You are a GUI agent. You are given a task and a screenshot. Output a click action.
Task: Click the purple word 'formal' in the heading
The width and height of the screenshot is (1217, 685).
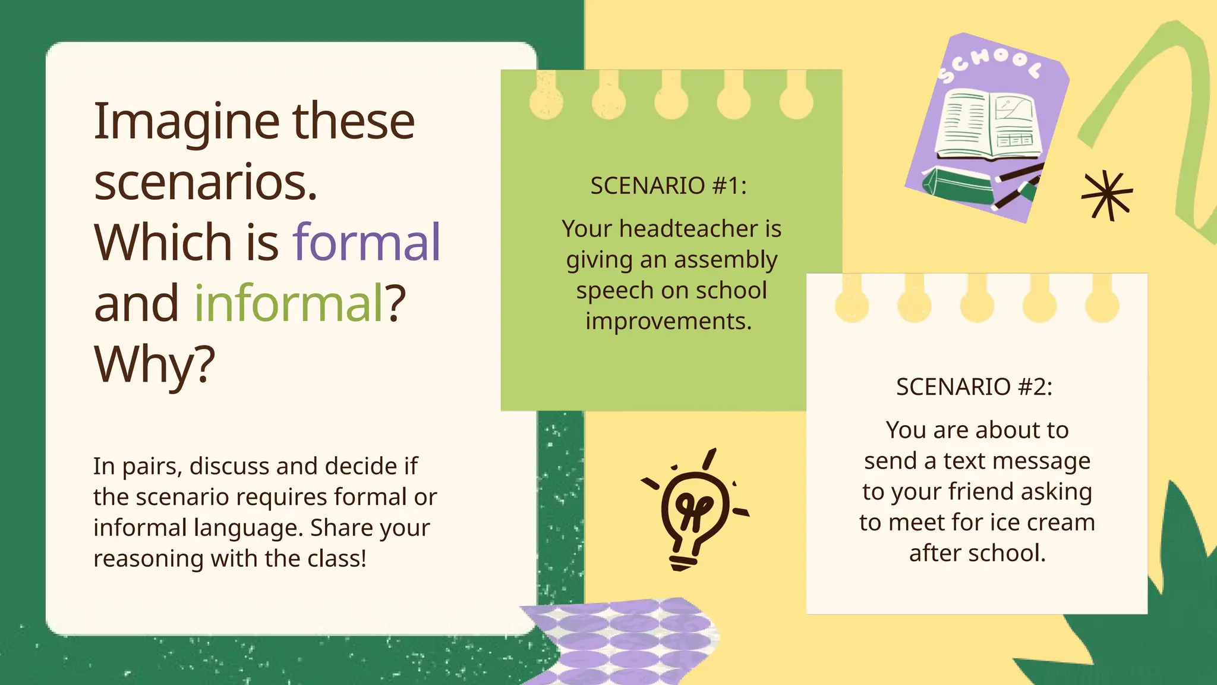pos(367,243)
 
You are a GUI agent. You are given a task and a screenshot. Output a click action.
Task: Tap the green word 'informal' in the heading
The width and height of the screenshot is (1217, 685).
pos(289,304)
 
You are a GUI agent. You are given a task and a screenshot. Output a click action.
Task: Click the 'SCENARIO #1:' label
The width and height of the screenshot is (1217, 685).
pos(669,186)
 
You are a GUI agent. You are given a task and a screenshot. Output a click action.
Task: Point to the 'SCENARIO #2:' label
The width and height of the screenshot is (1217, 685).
pos(974,387)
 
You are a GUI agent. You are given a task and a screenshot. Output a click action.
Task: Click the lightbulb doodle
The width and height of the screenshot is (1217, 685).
pos(695,510)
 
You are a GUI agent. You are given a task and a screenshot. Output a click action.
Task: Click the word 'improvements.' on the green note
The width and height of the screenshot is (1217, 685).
pos(669,322)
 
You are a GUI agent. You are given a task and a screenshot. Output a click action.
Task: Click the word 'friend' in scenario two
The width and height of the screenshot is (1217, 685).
pos(980,492)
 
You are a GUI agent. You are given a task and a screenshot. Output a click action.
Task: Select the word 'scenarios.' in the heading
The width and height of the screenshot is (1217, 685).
pos(206,183)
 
